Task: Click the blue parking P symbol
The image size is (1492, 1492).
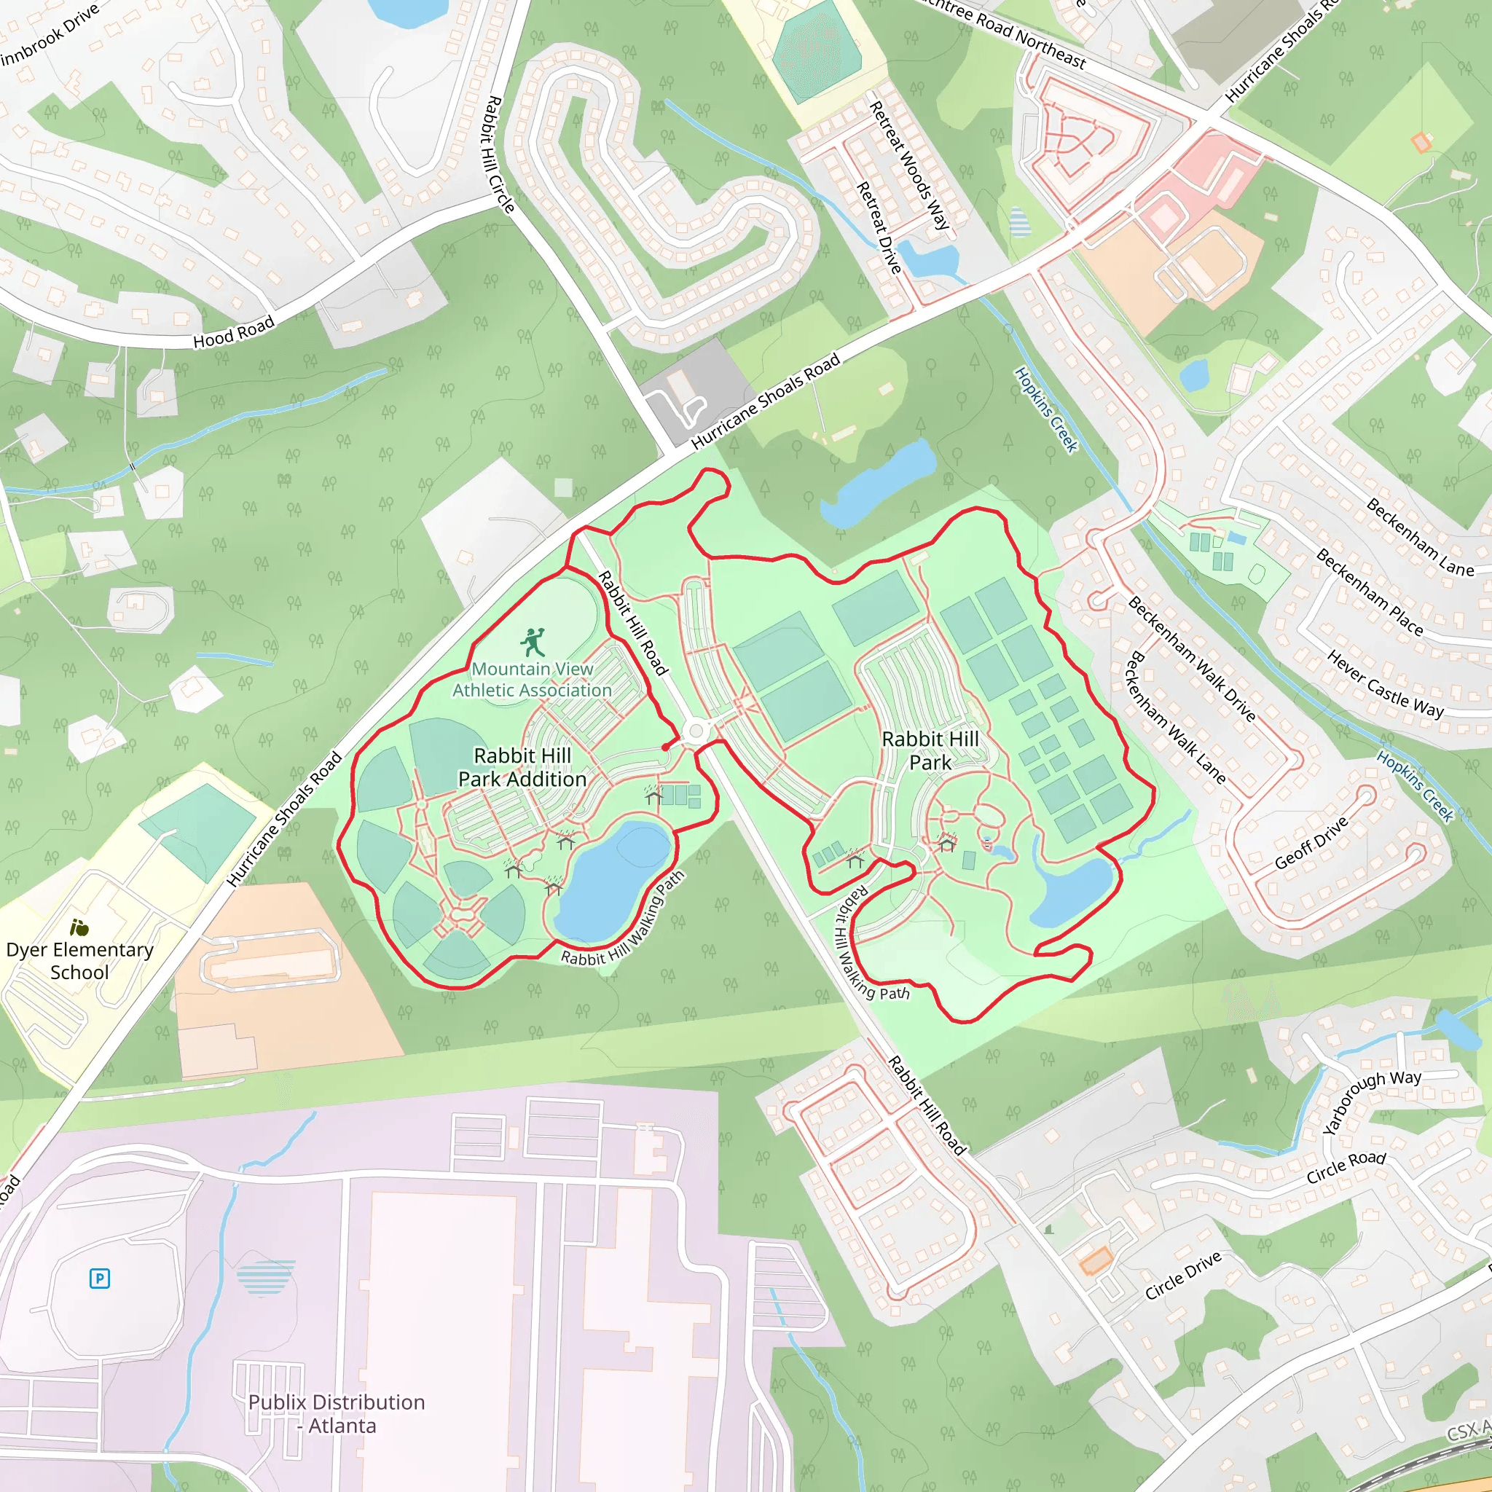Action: pyautogui.click(x=100, y=1278)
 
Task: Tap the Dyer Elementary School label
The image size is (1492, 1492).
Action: pyautogui.click(x=79, y=961)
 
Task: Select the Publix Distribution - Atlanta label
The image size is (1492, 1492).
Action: pyautogui.click(x=337, y=1413)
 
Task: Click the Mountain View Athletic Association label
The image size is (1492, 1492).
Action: pyautogui.click(x=532, y=680)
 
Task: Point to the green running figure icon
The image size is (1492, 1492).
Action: pyautogui.click(x=533, y=642)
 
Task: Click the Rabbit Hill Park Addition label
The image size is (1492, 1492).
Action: pyautogui.click(x=522, y=767)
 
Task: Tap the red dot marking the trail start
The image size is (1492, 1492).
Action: pyautogui.click(x=666, y=747)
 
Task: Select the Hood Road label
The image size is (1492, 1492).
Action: pyautogui.click(x=233, y=332)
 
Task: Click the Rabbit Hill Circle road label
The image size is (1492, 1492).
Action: pyautogui.click(x=500, y=154)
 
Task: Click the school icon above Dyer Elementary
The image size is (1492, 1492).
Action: pyautogui.click(x=79, y=927)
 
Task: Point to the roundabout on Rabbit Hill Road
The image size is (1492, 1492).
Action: pyautogui.click(x=696, y=731)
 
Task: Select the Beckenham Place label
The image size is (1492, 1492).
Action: pyautogui.click(x=1368, y=592)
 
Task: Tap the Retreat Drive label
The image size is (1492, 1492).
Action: pyautogui.click(x=879, y=228)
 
